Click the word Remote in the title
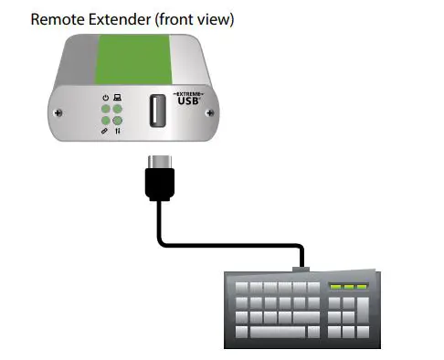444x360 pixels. pos(58,17)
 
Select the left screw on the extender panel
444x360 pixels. pos(60,113)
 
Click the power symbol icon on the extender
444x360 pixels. pos(106,97)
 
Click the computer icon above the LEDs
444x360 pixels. pos(118,97)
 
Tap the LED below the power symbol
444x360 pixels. pos(106,109)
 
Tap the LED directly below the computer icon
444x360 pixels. pos(118,109)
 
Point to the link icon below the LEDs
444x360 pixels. pos(106,132)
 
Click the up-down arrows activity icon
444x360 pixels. pos(118,132)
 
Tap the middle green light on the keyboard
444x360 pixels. pos(348,287)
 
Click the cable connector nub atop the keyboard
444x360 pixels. pos(301,269)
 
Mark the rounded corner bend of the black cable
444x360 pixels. pos(164,239)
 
